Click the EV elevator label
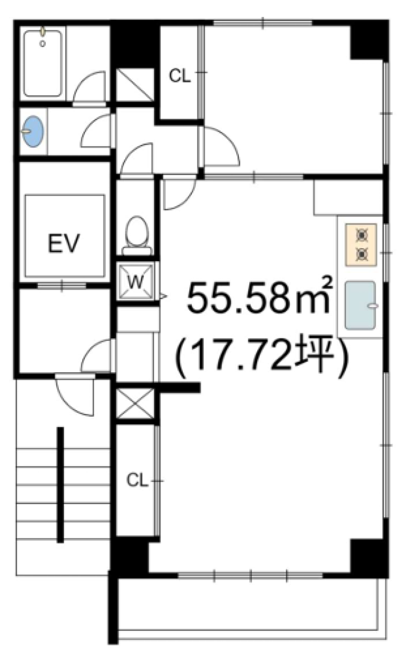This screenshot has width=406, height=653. coord(64,243)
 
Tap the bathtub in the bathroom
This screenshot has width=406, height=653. coord(43,63)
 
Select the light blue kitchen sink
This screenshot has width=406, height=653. coord(361,305)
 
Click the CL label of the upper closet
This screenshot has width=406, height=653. coord(180,76)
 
